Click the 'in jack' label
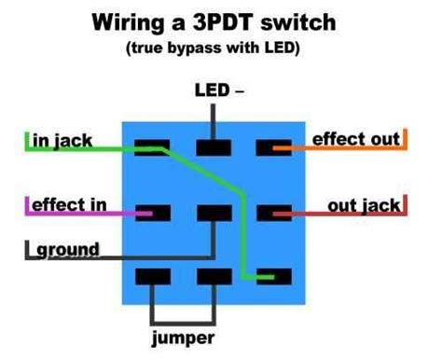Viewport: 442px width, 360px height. [61, 140]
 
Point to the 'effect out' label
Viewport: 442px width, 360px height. [356, 139]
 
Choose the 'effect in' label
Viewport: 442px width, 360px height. [69, 203]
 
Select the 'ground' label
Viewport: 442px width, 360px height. [67, 249]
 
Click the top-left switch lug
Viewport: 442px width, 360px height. [151, 147]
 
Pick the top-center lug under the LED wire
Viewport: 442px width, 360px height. [214, 147]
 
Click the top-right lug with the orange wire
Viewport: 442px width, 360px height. [272, 147]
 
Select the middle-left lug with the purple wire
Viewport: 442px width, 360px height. [151, 212]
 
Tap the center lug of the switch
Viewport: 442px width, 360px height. [214, 212]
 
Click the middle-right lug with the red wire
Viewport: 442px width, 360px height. [272, 212]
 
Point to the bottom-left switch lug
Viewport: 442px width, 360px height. [151, 276]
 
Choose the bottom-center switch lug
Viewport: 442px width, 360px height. [214, 276]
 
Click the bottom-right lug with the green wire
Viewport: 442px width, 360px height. [272, 276]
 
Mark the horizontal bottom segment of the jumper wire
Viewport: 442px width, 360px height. [183, 316]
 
